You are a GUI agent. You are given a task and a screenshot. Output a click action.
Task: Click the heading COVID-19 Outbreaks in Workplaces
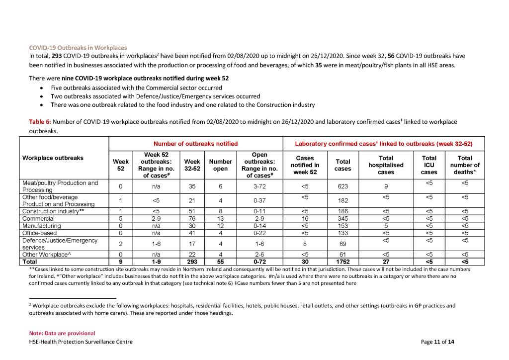pyautogui.click(x=78, y=48)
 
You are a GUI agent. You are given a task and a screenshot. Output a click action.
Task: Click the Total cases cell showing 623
pyautogui.click(x=342, y=186)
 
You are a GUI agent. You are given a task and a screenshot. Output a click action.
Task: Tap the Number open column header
pyautogui.click(x=220, y=165)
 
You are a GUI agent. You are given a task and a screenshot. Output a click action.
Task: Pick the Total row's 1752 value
pyautogui.click(x=342, y=261)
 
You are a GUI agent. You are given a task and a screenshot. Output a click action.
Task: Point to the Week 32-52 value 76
pyautogui.click(x=192, y=218)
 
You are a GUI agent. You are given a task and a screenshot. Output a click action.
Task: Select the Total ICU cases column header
pyautogui.click(x=429, y=165)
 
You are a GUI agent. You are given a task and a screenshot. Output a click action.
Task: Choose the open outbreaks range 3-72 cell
pyautogui.click(x=260, y=186)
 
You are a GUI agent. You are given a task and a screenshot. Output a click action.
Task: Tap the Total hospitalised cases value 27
pyautogui.click(x=386, y=261)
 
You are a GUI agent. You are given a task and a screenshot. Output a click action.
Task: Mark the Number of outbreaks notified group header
pyautogui.click(x=195, y=144)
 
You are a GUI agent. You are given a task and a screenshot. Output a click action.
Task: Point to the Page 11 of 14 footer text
pyautogui.click(x=437, y=342)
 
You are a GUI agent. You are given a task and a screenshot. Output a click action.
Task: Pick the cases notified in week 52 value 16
pyautogui.click(x=304, y=218)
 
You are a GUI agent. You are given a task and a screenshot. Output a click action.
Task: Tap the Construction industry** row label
pyautogui.click(x=51, y=211)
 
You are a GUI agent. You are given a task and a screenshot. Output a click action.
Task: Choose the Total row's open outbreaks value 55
pyautogui.click(x=220, y=261)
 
